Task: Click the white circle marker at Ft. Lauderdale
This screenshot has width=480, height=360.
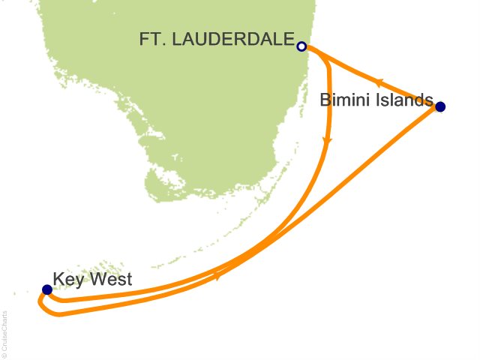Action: click(301, 46)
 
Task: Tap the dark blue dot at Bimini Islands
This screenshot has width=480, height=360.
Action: click(440, 106)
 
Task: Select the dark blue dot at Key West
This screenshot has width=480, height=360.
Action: click(47, 289)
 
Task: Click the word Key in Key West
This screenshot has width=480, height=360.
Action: click(68, 280)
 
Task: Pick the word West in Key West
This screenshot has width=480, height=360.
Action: click(110, 280)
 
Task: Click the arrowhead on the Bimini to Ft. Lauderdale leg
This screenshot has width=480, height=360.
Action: click(380, 82)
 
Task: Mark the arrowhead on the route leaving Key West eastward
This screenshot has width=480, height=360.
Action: click(217, 277)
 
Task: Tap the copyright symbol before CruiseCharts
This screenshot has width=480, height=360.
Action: click(7, 352)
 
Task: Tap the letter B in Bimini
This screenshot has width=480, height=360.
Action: click(325, 100)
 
